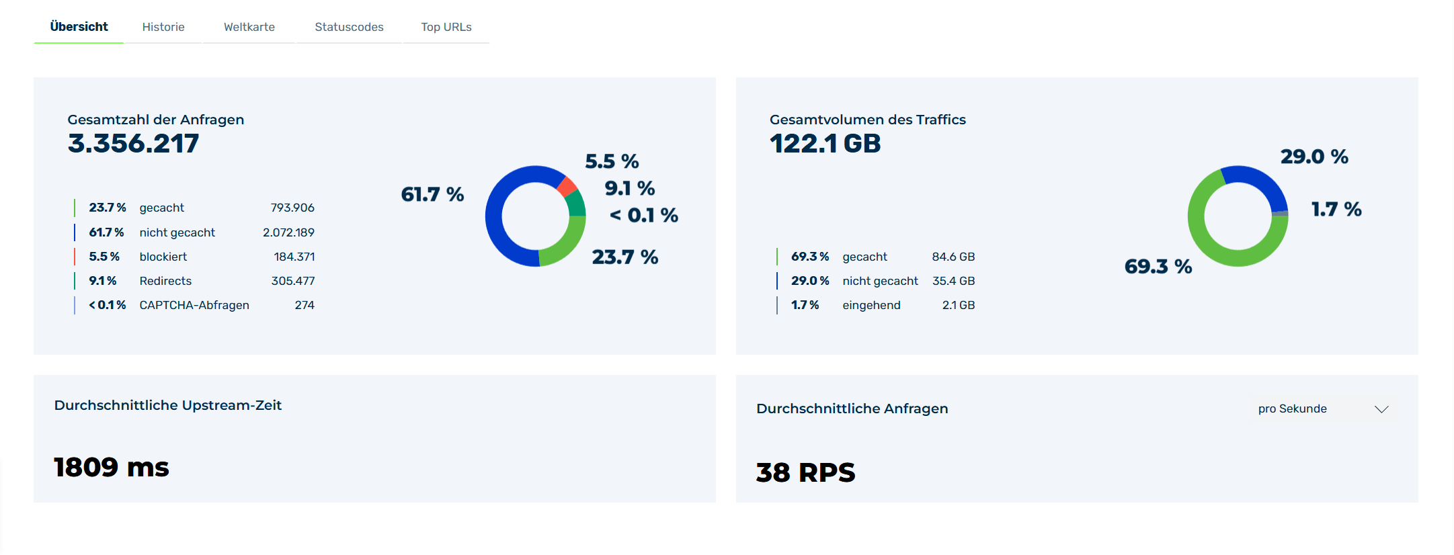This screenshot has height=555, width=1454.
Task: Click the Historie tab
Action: coord(163,27)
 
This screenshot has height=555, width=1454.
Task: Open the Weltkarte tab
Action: coord(249,27)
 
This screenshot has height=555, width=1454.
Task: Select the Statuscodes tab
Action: coord(349,27)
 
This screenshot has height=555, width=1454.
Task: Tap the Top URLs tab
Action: coord(446,27)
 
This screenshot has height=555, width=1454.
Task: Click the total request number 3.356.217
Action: coord(133,143)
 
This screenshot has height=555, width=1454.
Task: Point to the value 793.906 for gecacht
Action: coord(292,208)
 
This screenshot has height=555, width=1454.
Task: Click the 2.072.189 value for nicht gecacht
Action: coord(288,232)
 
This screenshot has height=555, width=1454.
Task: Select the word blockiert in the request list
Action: coord(163,257)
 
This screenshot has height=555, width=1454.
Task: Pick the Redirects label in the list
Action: coord(165,281)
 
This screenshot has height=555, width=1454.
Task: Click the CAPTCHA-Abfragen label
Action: coord(194,305)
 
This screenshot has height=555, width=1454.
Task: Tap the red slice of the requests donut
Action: coord(567,185)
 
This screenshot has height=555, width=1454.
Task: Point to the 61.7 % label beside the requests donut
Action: coord(432,194)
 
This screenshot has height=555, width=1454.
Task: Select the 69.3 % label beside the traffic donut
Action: coord(1158,266)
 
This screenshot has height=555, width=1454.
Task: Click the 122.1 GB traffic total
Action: coord(825,143)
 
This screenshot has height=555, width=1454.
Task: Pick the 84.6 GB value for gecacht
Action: coord(953,257)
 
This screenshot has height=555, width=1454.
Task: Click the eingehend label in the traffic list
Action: coord(871,305)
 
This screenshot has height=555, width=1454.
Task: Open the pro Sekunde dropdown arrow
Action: coord(1381,409)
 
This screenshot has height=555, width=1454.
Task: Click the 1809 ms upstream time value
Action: coord(112,467)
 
